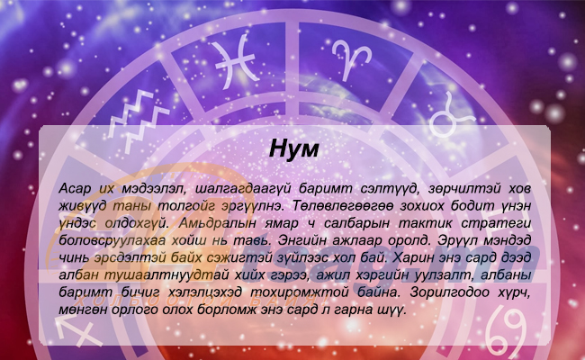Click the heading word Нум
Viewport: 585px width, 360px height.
coord(294,149)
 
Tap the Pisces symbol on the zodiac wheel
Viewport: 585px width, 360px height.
coord(236,61)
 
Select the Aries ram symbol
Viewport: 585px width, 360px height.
coord(351,58)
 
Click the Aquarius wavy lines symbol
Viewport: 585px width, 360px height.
coord(139,121)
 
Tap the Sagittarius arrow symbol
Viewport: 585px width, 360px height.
coord(79,328)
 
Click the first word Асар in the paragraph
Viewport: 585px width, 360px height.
coord(75,189)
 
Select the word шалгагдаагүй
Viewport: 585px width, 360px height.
coord(243,189)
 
